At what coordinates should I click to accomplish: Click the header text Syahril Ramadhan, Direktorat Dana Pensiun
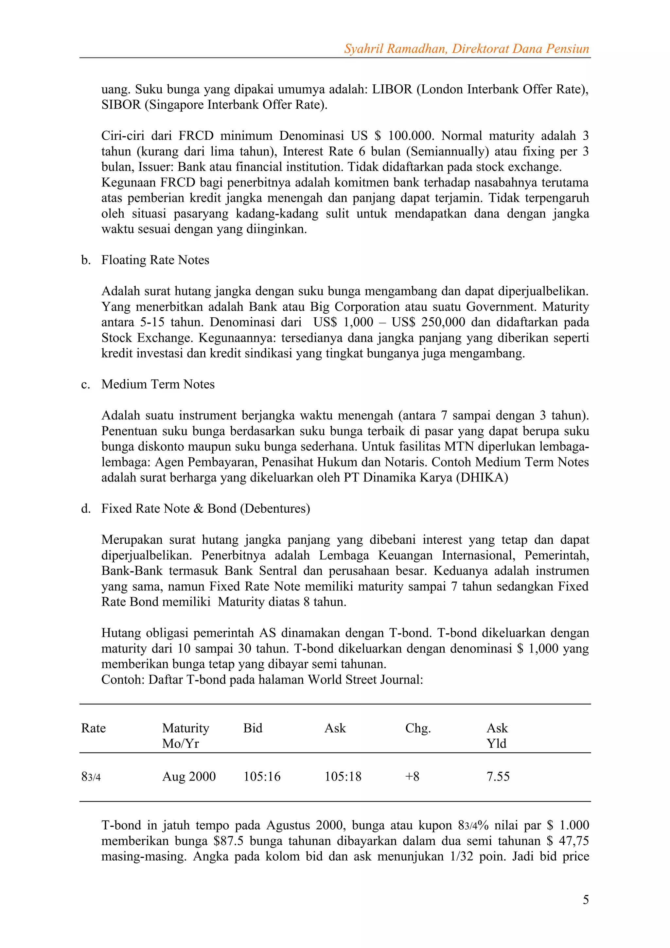point(466,49)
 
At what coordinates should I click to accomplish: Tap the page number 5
point(585,899)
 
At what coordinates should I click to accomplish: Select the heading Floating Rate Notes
point(155,260)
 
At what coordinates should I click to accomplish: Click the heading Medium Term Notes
point(158,384)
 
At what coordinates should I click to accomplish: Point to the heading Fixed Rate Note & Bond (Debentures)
point(205,508)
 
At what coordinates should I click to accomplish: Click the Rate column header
point(93,728)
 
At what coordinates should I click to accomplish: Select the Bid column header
point(253,728)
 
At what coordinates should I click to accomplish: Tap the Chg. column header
point(418,728)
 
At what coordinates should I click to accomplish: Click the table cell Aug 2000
point(189,776)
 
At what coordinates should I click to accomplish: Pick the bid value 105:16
point(262,776)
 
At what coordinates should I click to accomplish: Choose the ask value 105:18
point(343,776)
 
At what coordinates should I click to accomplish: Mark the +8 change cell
point(412,776)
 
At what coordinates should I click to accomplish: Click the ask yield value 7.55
point(498,776)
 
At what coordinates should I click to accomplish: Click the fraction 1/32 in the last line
point(458,856)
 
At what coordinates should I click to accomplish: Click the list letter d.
point(85,508)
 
